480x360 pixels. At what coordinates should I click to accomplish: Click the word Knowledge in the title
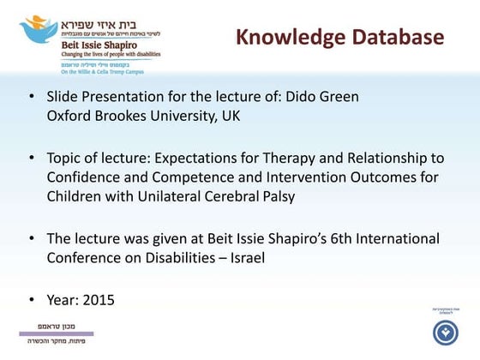pyautogui.click(x=290, y=38)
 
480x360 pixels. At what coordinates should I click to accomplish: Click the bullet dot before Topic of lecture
pyautogui.click(x=32, y=159)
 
